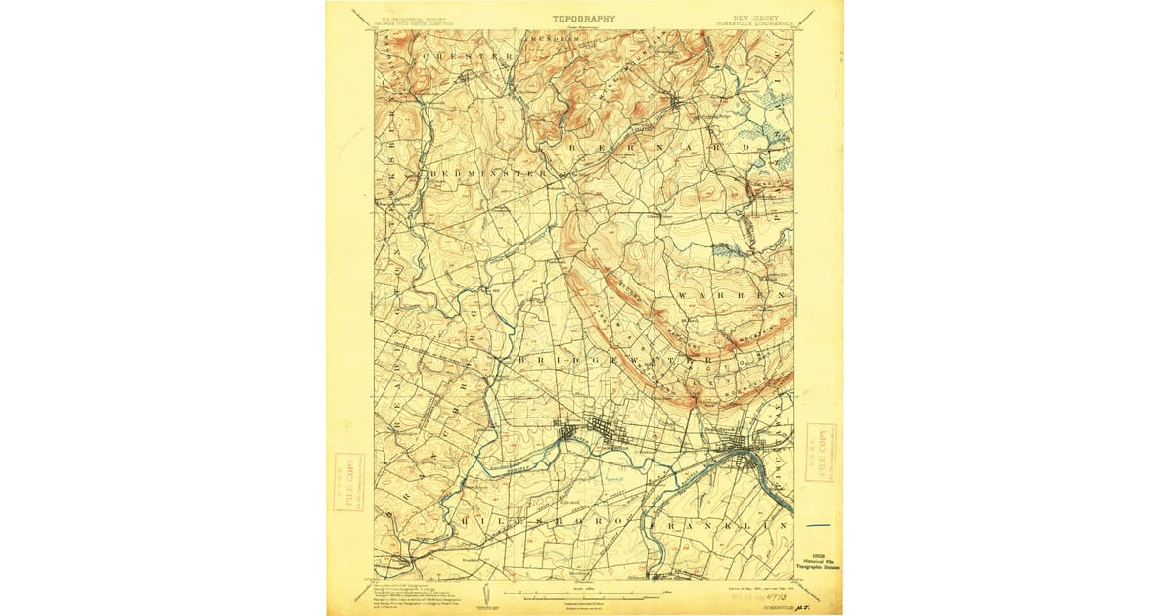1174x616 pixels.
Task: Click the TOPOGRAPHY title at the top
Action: tap(584, 18)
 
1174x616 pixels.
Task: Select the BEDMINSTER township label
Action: tap(488, 174)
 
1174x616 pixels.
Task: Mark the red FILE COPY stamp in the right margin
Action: tap(820, 453)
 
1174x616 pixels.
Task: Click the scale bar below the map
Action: tap(583, 593)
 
